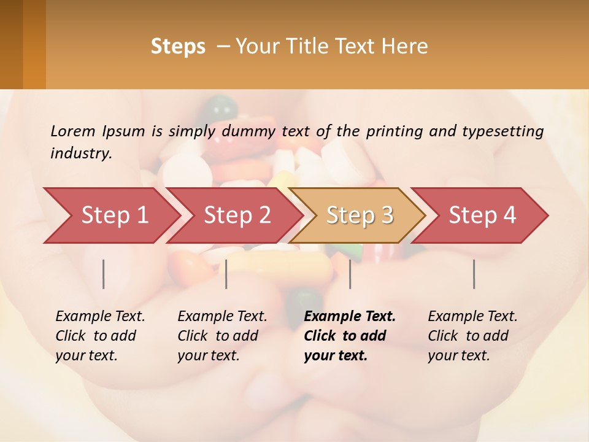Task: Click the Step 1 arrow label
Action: pos(115,215)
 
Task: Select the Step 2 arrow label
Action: pos(237,215)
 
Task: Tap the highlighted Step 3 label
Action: pos(360,215)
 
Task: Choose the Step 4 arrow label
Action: pos(482,215)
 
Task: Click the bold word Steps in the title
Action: pos(178,47)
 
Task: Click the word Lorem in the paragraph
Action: pos(72,131)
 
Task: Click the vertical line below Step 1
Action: pos(104,274)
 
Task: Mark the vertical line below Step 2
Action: pos(226,274)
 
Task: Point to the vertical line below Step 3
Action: pos(350,274)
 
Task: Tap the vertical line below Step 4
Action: pos(474,274)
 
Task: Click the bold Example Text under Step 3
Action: pos(350,316)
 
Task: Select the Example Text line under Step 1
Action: pos(100,316)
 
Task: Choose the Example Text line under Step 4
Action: pos(472,316)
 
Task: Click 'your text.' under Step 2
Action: pos(209,355)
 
